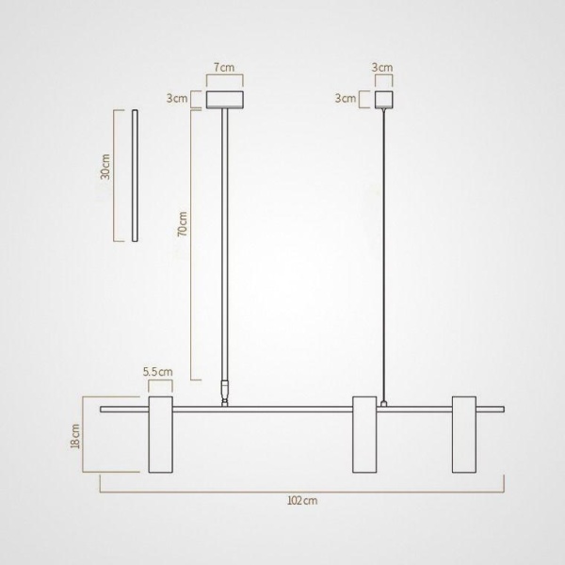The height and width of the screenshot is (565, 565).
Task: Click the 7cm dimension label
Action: click(224, 69)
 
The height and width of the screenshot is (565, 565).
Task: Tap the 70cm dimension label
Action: click(183, 225)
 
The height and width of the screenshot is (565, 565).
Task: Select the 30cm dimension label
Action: click(106, 168)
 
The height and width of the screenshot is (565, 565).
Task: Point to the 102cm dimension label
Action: click(302, 501)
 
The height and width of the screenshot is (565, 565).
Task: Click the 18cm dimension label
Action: click(76, 437)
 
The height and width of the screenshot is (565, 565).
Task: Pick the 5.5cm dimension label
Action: click(158, 372)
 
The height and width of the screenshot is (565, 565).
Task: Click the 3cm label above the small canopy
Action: click(382, 69)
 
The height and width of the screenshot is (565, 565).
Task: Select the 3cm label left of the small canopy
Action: click(346, 98)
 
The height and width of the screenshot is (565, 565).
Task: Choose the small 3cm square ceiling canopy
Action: click(383, 99)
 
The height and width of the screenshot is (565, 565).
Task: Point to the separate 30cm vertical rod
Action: click(135, 175)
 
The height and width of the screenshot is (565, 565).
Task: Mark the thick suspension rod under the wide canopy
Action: click(224, 245)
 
